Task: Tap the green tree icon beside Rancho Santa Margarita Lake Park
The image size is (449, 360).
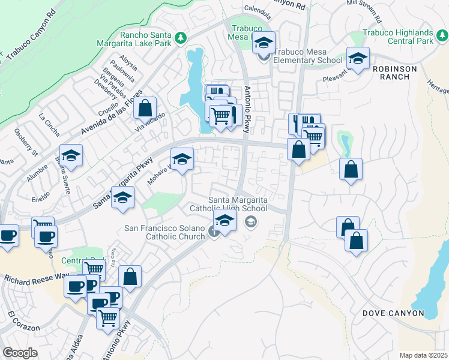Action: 181,39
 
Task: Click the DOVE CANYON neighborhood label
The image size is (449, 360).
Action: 393,313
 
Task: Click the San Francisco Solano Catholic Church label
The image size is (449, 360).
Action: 165,232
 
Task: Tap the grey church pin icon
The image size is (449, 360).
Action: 214,232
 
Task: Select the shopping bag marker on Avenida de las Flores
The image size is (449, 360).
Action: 145,109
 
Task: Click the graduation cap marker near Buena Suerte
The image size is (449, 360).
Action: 71,157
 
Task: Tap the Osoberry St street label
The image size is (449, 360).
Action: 26,142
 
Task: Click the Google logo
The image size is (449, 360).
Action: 20,353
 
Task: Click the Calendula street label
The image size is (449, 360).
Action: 259,8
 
